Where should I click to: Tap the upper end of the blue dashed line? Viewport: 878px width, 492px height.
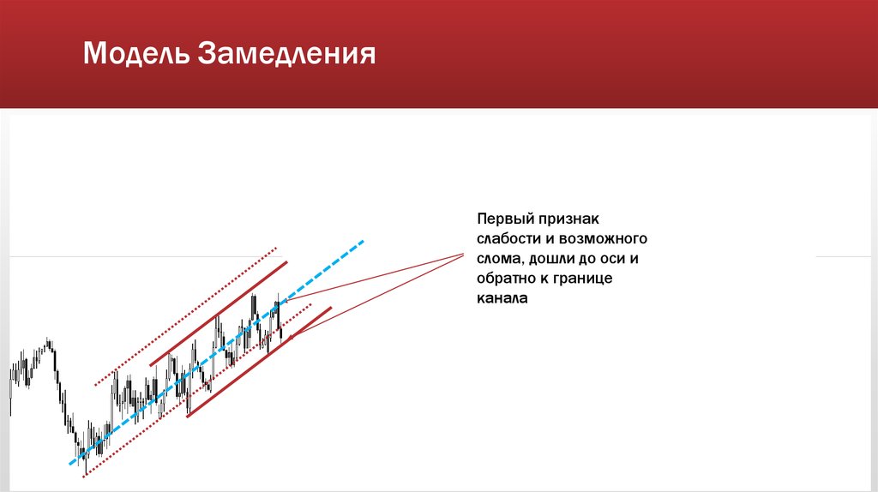363,241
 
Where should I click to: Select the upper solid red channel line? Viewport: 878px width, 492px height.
219,314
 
